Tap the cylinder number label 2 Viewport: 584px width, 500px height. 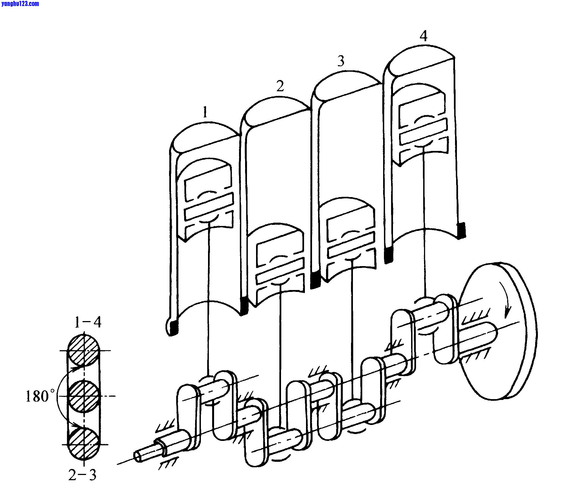pos(280,86)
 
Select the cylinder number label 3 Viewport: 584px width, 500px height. pos(341,60)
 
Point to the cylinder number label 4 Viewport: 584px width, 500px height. pos(424,36)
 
